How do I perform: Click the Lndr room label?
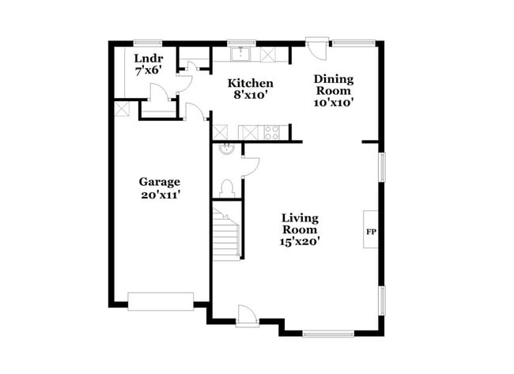click(x=148, y=59)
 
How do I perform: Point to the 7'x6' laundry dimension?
click(x=148, y=71)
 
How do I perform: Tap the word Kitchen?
click(x=251, y=83)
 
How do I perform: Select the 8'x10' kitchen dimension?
click(x=251, y=95)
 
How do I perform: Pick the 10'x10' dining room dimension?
click(x=333, y=102)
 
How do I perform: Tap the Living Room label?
click(x=300, y=223)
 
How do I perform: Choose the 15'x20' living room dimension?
click(x=300, y=242)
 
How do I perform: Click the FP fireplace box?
click(x=370, y=230)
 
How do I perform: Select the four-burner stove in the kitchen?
click(x=272, y=133)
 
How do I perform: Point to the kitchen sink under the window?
click(x=240, y=55)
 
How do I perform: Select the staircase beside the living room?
click(x=226, y=233)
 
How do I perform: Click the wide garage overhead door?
click(x=161, y=301)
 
